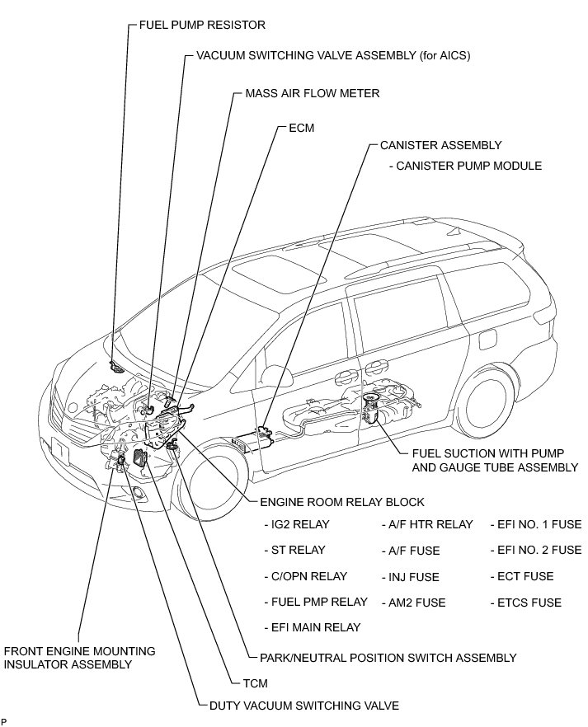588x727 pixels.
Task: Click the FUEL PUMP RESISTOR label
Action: coord(202,25)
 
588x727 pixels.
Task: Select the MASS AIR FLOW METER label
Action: coord(312,93)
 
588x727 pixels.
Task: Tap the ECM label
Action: coord(301,128)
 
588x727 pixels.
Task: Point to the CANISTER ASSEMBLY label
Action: coord(440,145)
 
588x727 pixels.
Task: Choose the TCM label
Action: coord(255,683)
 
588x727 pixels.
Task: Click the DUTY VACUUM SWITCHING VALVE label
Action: coord(304,706)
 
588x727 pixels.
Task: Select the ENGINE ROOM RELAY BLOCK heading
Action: coord(342,502)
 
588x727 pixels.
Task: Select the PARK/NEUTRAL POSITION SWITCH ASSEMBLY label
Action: coord(388,658)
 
